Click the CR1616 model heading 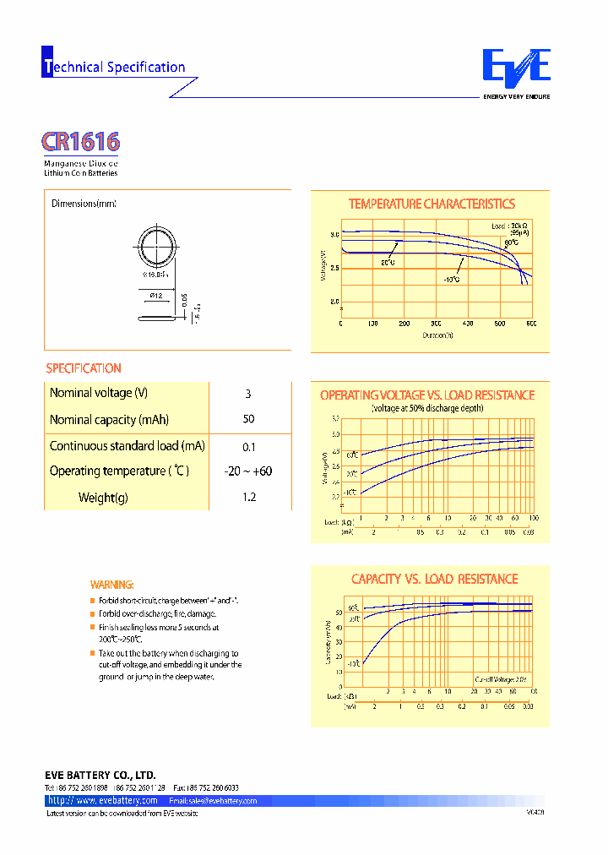click(x=81, y=141)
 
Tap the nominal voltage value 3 click(x=247, y=394)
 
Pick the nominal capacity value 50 click(x=247, y=420)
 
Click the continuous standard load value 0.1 click(x=248, y=447)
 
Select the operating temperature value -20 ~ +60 click(x=248, y=471)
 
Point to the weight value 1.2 click(x=248, y=498)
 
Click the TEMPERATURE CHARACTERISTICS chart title click(x=432, y=204)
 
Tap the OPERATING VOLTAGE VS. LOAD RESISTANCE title click(x=427, y=395)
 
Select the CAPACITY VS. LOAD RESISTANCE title click(x=434, y=580)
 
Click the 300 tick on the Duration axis click(x=436, y=324)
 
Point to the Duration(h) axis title click(x=439, y=335)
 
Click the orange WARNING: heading click(x=111, y=585)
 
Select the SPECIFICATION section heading click(x=84, y=368)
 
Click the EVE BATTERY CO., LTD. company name click(x=100, y=775)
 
